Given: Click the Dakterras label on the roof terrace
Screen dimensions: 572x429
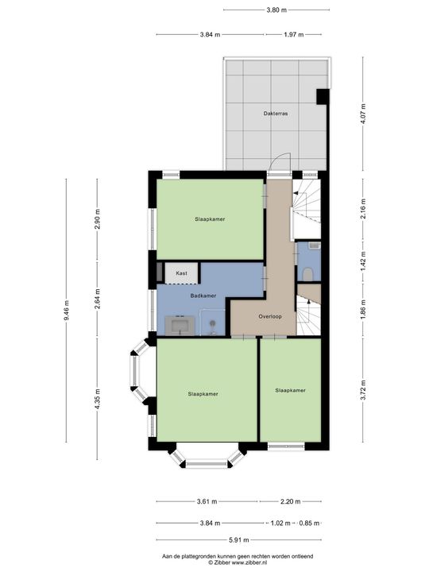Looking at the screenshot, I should (x=276, y=114).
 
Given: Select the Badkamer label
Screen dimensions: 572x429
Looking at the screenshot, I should (x=203, y=296).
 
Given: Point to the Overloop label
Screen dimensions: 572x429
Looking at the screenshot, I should (x=270, y=316).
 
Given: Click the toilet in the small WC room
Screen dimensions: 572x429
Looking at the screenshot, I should (x=308, y=273).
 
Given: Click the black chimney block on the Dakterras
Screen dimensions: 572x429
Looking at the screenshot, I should (x=322, y=97).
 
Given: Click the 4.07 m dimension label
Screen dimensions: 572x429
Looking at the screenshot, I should (x=363, y=116).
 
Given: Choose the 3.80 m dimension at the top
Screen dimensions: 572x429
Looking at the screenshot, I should (x=275, y=10).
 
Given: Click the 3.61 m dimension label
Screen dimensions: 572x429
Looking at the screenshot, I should (x=207, y=501).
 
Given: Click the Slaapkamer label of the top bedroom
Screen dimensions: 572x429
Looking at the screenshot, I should (x=209, y=218).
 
